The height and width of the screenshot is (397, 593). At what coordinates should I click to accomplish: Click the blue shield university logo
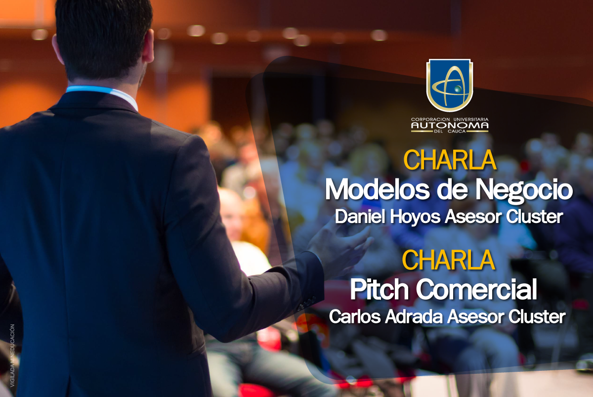[450, 85]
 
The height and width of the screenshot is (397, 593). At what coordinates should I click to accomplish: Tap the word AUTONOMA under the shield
[450, 126]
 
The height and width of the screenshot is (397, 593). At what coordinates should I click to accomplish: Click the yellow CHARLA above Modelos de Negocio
[450, 160]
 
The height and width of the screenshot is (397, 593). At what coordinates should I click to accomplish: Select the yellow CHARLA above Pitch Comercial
[449, 260]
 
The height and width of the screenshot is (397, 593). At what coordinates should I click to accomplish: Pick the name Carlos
[355, 316]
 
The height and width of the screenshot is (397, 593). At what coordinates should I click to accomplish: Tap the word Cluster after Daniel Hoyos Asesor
[535, 217]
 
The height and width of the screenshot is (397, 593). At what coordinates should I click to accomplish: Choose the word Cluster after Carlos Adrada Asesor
[537, 316]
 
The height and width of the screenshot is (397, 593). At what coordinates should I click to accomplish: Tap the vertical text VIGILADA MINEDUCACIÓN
[12, 355]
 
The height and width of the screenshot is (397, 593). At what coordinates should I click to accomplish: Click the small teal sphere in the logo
[458, 88]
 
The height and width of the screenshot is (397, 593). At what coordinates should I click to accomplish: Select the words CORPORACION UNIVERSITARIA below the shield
[450, 120]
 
